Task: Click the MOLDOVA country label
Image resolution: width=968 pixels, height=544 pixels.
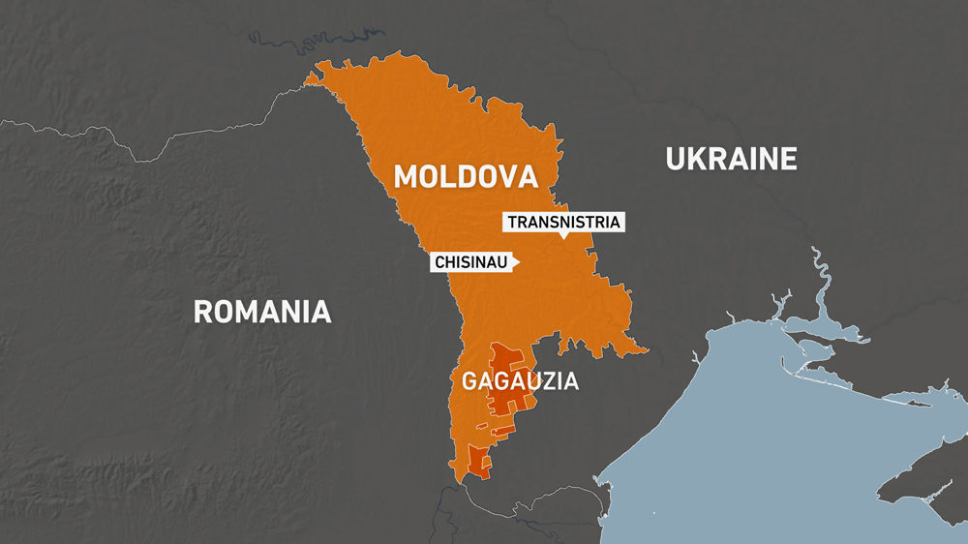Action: (x=466, y=176)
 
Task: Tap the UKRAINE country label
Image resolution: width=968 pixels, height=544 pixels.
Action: (x=731, y=158)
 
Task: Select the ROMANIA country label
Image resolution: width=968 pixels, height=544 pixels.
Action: (x=262, y=312)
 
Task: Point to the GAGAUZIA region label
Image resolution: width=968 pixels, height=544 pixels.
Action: (x=520, y=381)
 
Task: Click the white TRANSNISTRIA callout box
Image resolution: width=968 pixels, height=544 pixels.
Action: (x=563, y=222)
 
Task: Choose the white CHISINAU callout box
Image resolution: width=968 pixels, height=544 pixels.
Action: (x=472, y=262)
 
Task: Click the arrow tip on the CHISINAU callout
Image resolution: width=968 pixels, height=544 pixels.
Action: (x=519, y=262)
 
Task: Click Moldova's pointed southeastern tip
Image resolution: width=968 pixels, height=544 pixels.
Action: (x=647, y=349)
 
